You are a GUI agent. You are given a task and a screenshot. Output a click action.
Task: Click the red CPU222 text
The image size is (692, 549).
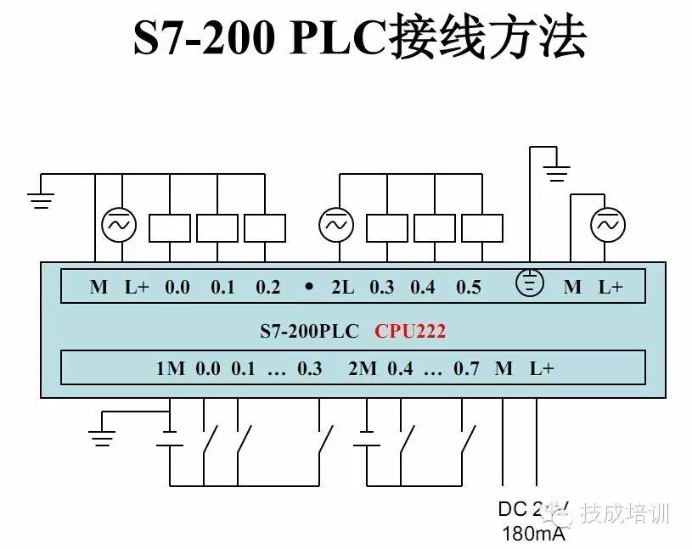(410, 330)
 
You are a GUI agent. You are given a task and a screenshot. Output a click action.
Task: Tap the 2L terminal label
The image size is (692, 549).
(342, 287)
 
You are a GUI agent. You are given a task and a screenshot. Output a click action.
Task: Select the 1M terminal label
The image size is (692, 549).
(170, 368)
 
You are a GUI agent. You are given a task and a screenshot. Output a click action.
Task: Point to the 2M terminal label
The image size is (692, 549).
(363, 368)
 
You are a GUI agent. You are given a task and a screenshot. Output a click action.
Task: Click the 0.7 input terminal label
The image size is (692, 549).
(466, 368)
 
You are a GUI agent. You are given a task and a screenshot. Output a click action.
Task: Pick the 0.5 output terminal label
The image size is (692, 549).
(468, 287)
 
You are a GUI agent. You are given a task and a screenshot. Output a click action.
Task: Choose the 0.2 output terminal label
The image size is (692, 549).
(267, 287)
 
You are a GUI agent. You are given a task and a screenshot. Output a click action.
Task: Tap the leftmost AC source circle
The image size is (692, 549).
(119, 225)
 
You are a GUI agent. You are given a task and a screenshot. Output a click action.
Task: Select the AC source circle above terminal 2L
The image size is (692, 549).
(336, 225)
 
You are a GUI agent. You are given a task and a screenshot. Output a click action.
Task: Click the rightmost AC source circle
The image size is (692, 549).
(608, 225)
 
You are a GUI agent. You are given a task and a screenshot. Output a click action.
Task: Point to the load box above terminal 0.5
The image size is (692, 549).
(482, 227)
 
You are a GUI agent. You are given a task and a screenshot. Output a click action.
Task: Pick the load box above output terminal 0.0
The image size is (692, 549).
(170, 227)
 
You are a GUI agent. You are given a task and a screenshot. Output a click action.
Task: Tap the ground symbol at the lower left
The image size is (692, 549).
(102, 438)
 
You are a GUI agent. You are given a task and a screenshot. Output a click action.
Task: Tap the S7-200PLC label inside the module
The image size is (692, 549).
(309, 330)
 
